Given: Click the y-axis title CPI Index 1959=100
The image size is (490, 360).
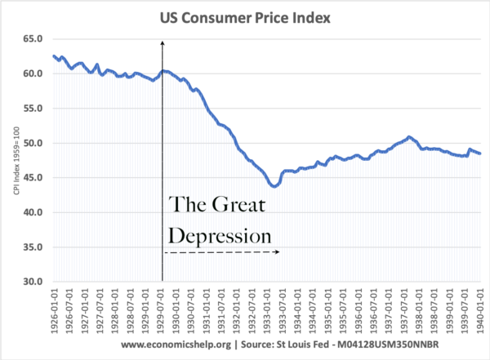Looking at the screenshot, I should click(x=11, y=160).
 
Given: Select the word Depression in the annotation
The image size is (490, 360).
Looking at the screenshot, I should click(x=219, y=236).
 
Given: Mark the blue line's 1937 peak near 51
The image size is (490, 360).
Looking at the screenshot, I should click(x=408, y=136).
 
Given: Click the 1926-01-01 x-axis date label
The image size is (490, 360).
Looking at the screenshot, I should click(x=53, y=307).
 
